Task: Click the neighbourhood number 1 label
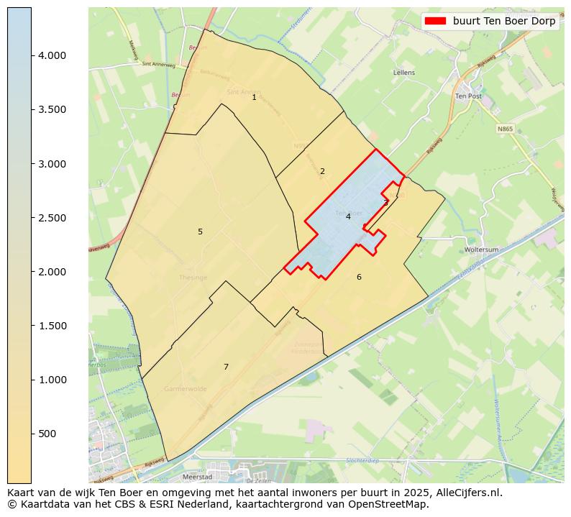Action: click(254, 97)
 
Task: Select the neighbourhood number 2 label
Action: click(322, 171)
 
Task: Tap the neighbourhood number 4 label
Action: click(348, 216)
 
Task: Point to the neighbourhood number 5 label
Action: click(200, 232)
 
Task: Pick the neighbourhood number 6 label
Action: click(359, 277)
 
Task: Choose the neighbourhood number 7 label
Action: click(226, 367)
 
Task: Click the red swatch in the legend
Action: click(435, 22)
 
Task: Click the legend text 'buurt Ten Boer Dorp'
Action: click(504, 22)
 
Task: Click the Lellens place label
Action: click(404, 73)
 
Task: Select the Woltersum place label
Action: click(482, 250)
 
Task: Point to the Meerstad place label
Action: click(196, 476)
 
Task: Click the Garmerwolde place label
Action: click(185, 388)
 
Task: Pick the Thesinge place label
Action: click(193, 278)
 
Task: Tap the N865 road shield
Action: click(506, 129)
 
